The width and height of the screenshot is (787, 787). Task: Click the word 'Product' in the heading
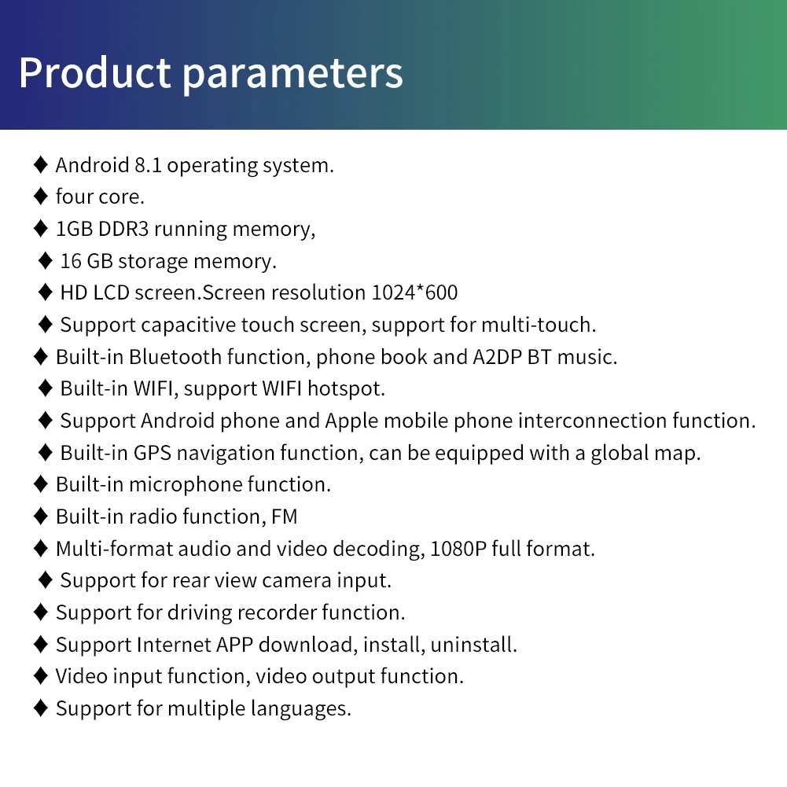(x=94, y=72)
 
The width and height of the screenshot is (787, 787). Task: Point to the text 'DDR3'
(x=123, y=229)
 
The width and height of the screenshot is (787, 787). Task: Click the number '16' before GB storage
(x=71, y=261)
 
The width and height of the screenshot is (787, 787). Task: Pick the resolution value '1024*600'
(x=414, y=292)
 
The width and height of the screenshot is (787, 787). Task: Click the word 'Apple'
(x=351, y=421)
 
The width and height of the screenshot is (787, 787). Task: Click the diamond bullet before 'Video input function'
(x=41, y=676)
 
